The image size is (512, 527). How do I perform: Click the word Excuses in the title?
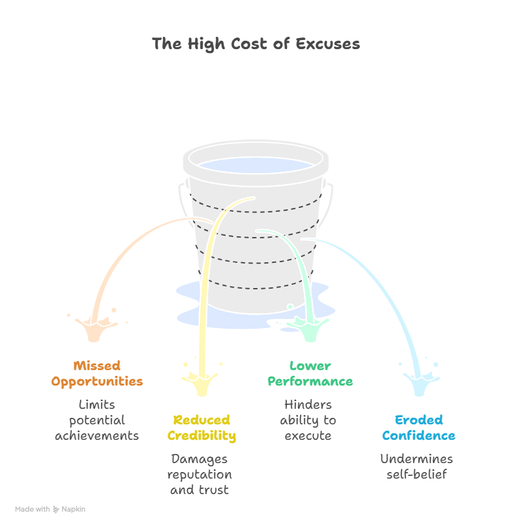(328, 44)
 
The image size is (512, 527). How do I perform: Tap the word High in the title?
(206, 45)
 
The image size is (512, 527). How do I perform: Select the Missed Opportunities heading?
(97, 374)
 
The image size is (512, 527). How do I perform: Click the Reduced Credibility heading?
(202, 428)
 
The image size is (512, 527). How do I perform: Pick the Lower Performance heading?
(310, 374)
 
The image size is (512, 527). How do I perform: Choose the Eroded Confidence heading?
(419, 428)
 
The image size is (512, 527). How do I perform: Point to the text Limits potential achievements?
(97, 420)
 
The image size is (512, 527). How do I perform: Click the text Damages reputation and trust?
(200, 474)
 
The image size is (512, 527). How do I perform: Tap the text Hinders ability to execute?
(308, 420)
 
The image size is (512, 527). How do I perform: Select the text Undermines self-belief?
(416, 466)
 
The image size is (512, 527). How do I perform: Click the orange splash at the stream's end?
(96, 327)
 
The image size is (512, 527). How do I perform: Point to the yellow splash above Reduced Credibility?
(201, 382)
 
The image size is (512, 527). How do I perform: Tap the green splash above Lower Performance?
(308, 327)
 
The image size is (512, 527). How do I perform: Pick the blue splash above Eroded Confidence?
(420, 382)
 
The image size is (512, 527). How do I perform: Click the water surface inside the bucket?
(255, 165)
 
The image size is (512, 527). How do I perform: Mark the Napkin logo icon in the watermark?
(56, 510)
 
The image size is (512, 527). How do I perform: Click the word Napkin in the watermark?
(73, 510)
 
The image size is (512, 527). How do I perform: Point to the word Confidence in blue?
(419, 435)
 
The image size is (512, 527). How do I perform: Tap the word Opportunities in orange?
(97, 382)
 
